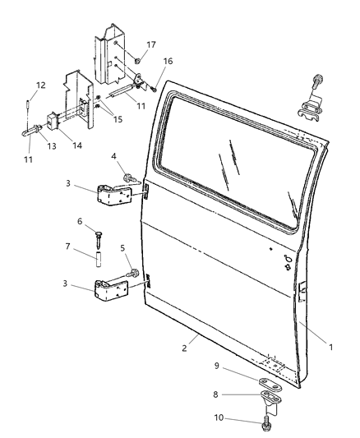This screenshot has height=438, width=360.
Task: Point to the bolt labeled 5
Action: point(132,271)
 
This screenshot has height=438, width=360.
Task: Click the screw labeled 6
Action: point(98,237)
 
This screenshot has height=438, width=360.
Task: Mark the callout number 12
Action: point(39,85)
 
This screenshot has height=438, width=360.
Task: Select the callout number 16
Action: point(168,61)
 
